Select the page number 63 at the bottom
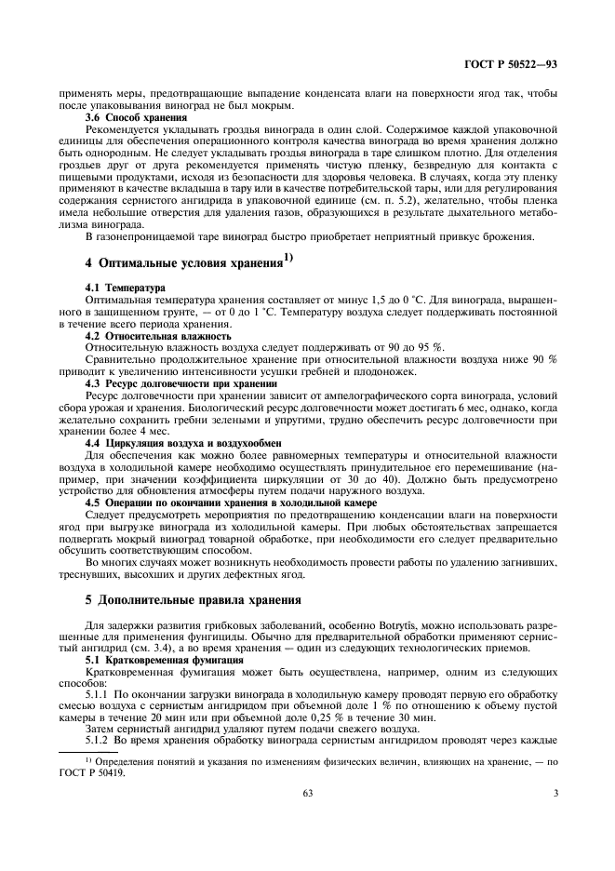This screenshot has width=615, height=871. click(306, 793)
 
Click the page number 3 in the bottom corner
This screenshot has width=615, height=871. click(555, 793)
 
